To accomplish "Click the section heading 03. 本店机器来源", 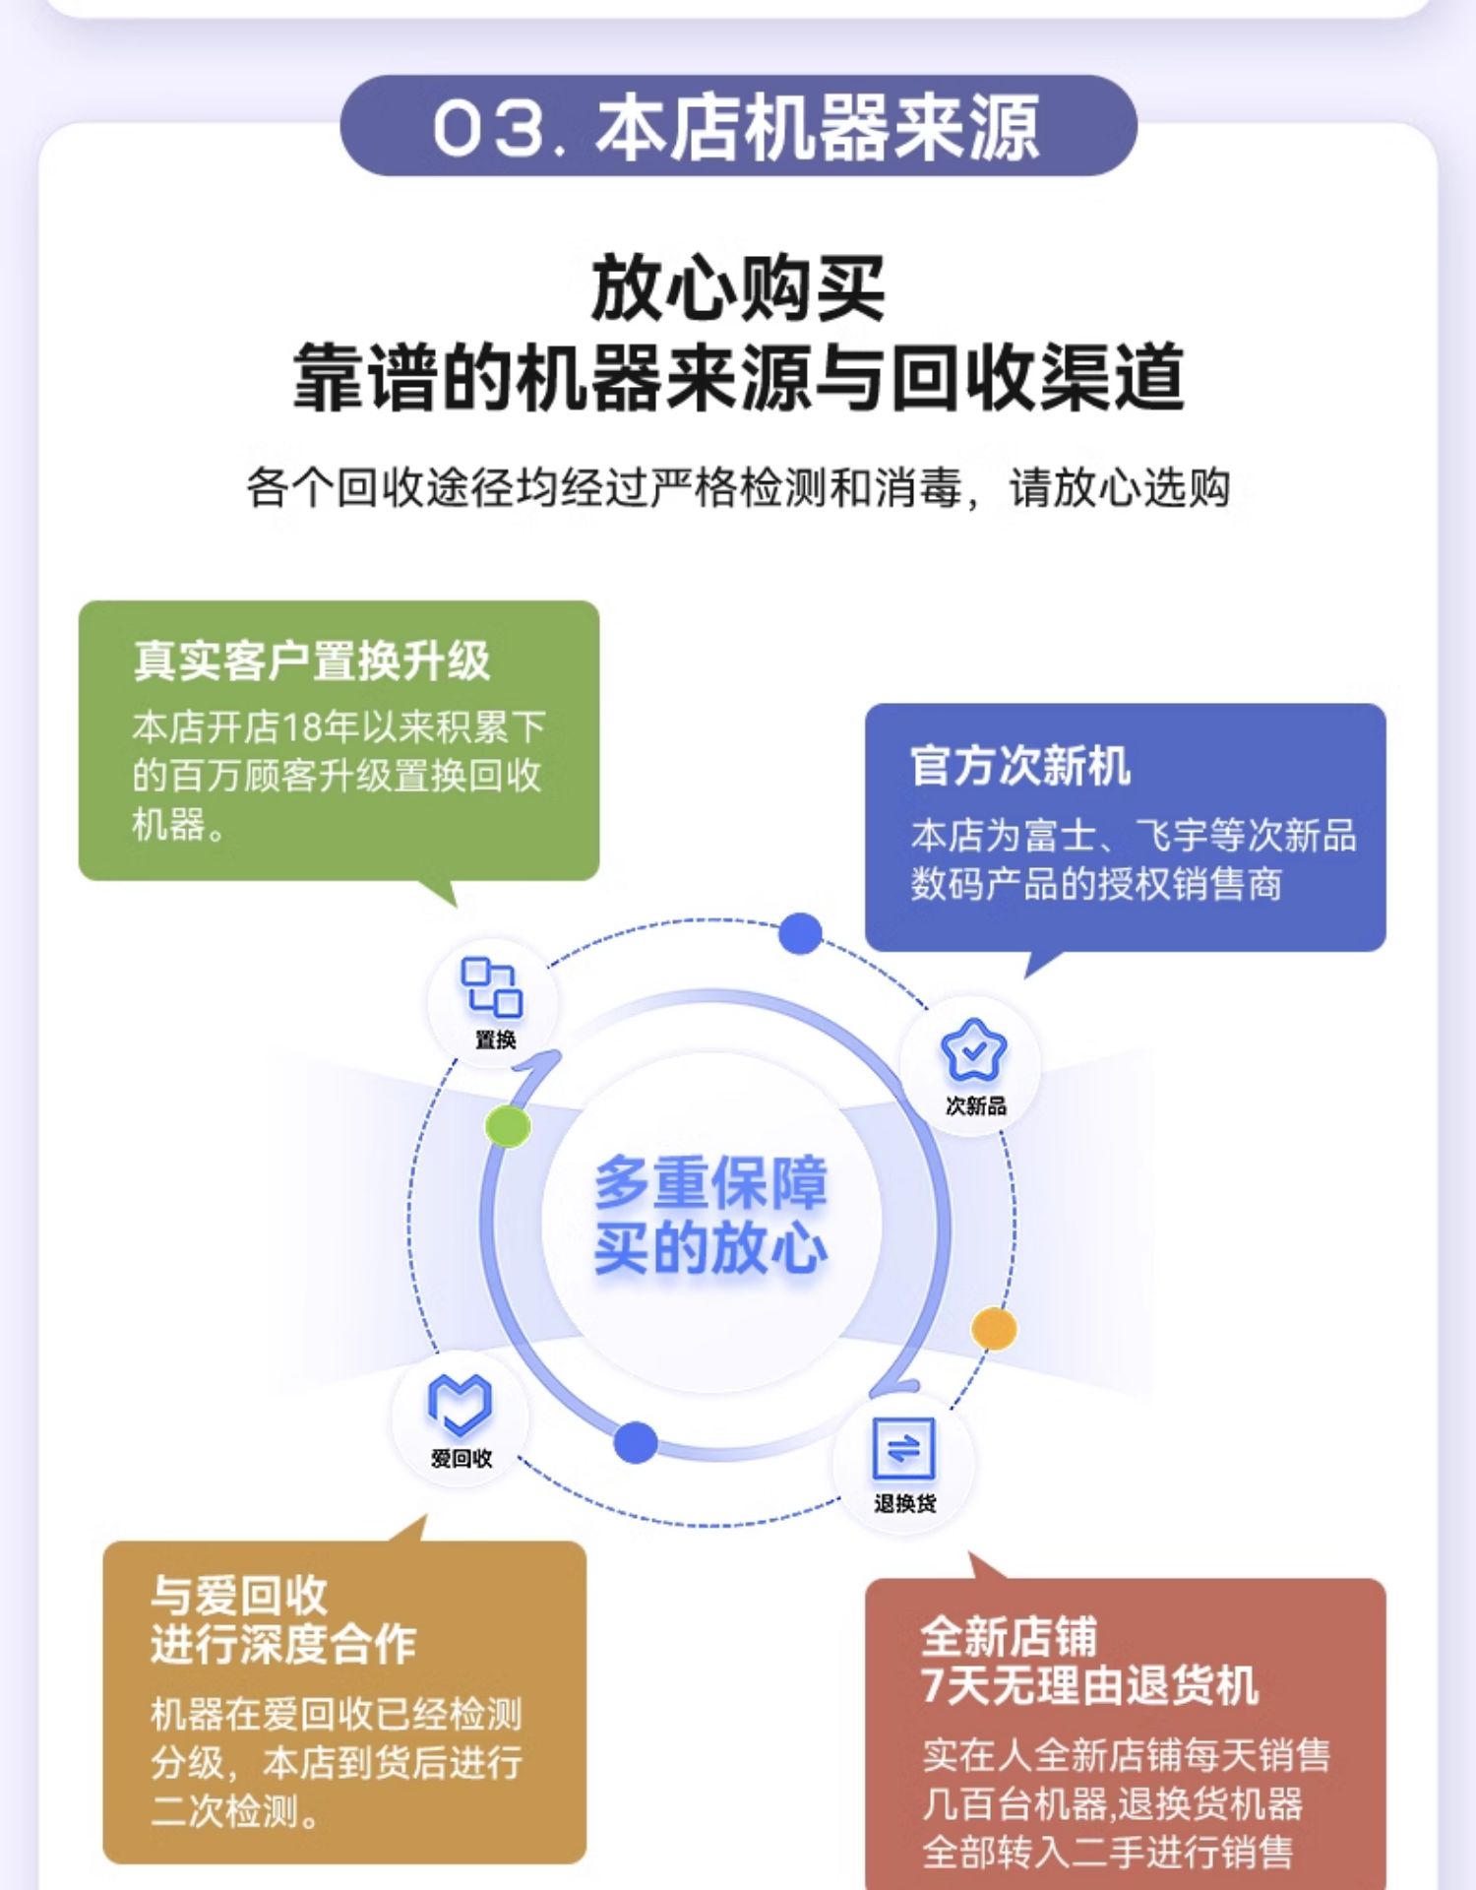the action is (x=737, y=128).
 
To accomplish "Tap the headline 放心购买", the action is (x=737, y=288).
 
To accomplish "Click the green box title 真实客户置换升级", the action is (x=312, y=661).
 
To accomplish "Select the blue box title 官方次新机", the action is (x=1020, y=766).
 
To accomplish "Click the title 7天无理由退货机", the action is (x=1089, y=1684).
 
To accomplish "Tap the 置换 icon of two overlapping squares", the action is (x=491, y=986).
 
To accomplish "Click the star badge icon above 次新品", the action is (x=974, y=1050).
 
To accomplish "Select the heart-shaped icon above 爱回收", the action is (x=460, y=1404).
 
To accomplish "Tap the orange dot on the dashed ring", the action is (x=994, y=1329).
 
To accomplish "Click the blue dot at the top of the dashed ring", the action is (x=800, y=933).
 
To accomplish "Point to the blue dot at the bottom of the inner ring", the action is (x=636, y=1442).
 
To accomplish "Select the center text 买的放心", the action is (x=710, y=1247).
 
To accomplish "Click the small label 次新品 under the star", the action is (x=976, y=1106).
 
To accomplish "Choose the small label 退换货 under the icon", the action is (x=905, y=1503).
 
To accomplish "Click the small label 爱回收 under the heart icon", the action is (x=461, y=1459).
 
